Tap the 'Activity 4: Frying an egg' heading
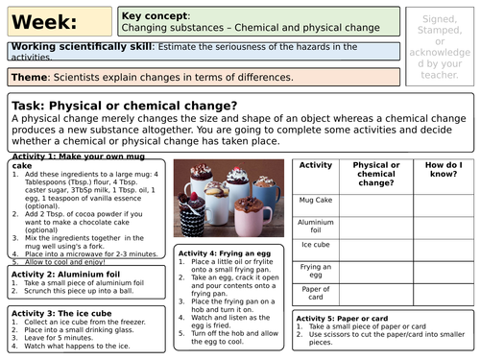tap(224, 252)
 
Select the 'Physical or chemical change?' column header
tap(376, 173)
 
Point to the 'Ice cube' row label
tap(315, 246)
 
